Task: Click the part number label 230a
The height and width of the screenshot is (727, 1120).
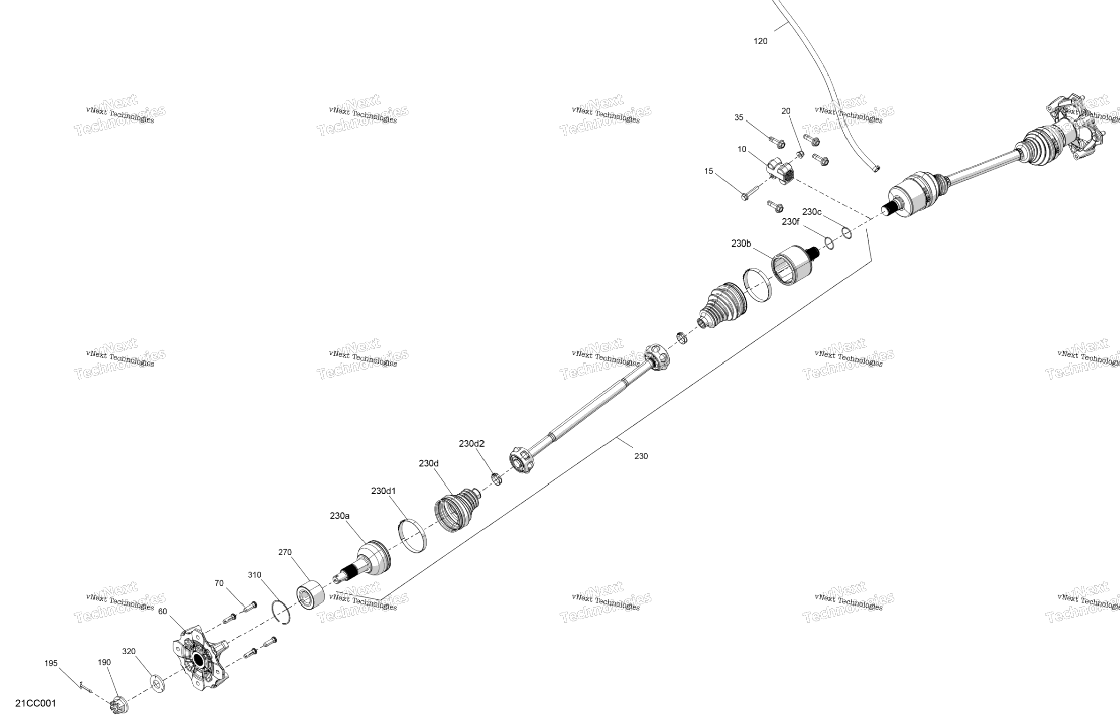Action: [x=339, y=516]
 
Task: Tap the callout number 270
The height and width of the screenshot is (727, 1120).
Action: [x=285, y=552]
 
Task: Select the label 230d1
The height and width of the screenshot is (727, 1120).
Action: [x=383, y=491]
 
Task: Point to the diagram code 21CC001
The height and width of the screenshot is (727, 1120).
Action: [x=36, y=704]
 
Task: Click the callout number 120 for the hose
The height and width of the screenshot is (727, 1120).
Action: [x=760, y=41]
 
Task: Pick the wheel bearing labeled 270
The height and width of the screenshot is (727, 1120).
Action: [x=311, y=595]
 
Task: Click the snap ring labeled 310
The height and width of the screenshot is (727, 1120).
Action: [x=283, y=612]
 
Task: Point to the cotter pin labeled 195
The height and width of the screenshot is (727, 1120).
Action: [x=85, y=686]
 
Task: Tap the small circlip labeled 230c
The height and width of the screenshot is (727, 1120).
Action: [x=846, y=233]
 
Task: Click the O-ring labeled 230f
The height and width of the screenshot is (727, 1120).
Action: [x=829, y=243]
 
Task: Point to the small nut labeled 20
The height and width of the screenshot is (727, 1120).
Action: [x=800, y=154]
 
